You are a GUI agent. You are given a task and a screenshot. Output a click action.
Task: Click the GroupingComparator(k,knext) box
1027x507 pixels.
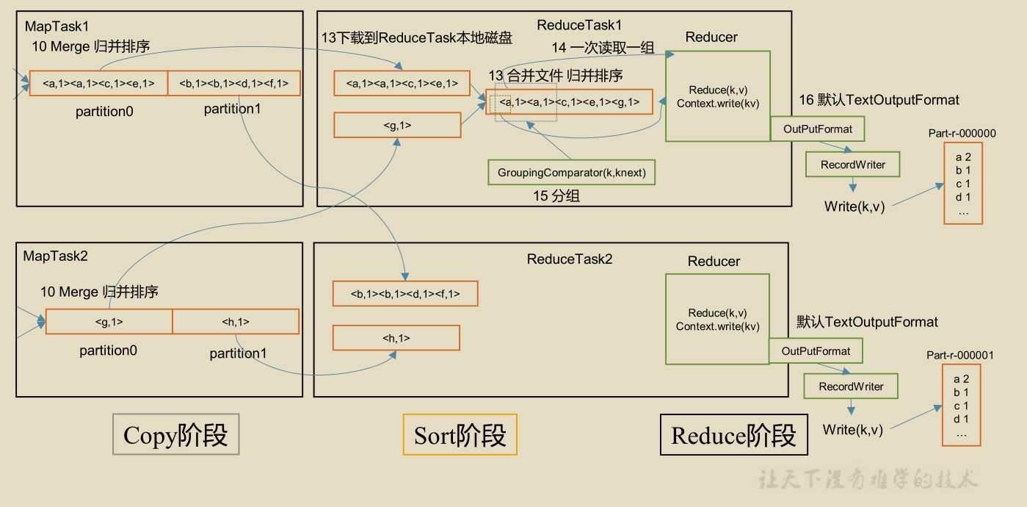point(572,172)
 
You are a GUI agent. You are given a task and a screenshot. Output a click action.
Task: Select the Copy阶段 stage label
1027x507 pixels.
point(175,435)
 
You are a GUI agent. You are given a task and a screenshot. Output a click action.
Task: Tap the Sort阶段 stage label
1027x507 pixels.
point(460,435)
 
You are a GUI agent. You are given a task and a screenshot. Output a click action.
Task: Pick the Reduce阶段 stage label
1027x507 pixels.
point(733,435)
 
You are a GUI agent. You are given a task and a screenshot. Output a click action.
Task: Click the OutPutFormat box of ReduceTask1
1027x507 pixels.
point(818,129)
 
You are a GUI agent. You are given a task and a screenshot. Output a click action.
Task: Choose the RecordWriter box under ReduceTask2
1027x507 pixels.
point(851,386)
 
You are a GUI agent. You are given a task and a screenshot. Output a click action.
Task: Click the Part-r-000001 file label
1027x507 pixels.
point(960,356)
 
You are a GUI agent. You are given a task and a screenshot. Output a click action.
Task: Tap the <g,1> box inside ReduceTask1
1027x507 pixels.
point(397,125)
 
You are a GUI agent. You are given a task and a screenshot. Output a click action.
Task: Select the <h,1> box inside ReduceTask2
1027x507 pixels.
point(396,338)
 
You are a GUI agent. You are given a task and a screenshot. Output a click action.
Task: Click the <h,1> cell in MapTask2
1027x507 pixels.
point(236,322)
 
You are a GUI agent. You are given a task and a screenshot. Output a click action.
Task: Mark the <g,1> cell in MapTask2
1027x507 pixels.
point(109,322)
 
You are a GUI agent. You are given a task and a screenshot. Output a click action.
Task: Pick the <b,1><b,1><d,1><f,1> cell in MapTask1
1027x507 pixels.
point(234,84)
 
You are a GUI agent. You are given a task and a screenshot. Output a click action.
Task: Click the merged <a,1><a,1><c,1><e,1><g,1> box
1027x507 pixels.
point(569,102)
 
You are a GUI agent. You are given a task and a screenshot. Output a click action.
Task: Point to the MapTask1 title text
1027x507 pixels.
point(57,26)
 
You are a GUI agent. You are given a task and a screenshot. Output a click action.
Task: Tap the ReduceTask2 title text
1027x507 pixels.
point(570,259)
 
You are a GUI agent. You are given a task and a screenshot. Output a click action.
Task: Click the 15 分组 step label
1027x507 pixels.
point(556,197)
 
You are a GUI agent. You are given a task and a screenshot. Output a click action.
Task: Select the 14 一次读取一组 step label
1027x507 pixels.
point(603,48)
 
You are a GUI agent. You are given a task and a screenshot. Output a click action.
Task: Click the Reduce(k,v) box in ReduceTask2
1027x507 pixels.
point(717,319)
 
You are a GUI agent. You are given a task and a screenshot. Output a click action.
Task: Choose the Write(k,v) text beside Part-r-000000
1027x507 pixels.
point(854,206)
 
